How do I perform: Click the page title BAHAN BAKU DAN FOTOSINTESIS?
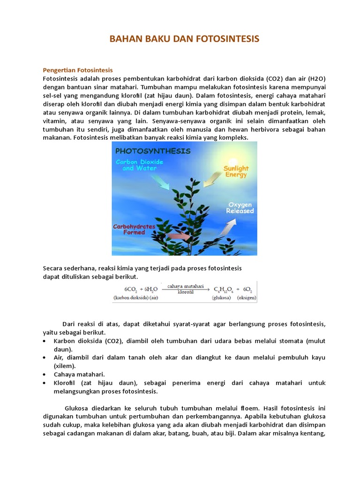[184, 39]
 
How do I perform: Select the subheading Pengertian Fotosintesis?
[78, 70]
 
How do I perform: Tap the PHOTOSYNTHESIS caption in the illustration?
[153, 151]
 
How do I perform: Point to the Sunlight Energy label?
[236, 172]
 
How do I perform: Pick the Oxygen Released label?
[240, 208]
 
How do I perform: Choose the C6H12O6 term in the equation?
[224, 289]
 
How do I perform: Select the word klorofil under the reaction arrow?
[186, 292]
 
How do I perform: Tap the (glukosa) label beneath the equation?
[221, 298]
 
